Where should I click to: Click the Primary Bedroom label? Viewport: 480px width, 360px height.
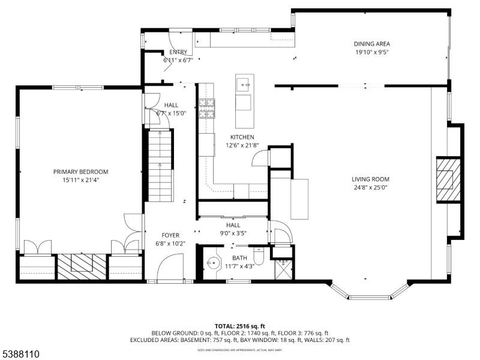[x=80, y=172]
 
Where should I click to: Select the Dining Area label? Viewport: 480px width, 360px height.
[x=371, y=43]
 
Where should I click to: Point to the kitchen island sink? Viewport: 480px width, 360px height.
[x=244, y=83]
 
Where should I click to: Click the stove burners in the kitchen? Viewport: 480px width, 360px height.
[x=206, y=107]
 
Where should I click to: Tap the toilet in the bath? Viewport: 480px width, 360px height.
[x=259, y=257]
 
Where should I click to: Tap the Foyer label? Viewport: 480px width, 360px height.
[x=170, y=236]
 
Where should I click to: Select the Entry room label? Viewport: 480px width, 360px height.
[x=178, y=52]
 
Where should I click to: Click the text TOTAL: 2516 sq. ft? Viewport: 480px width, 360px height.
[x=239, y=326]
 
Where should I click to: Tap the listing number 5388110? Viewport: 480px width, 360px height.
[x=20, y=354]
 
